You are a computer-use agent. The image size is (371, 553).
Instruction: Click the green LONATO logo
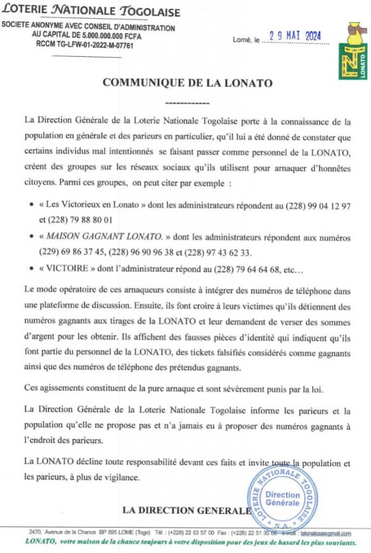(353, 52)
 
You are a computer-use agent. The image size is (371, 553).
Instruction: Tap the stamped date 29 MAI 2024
(292, 36)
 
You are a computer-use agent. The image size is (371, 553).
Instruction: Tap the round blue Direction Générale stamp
(283, 498)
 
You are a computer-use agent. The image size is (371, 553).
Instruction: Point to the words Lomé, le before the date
(246, 39)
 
